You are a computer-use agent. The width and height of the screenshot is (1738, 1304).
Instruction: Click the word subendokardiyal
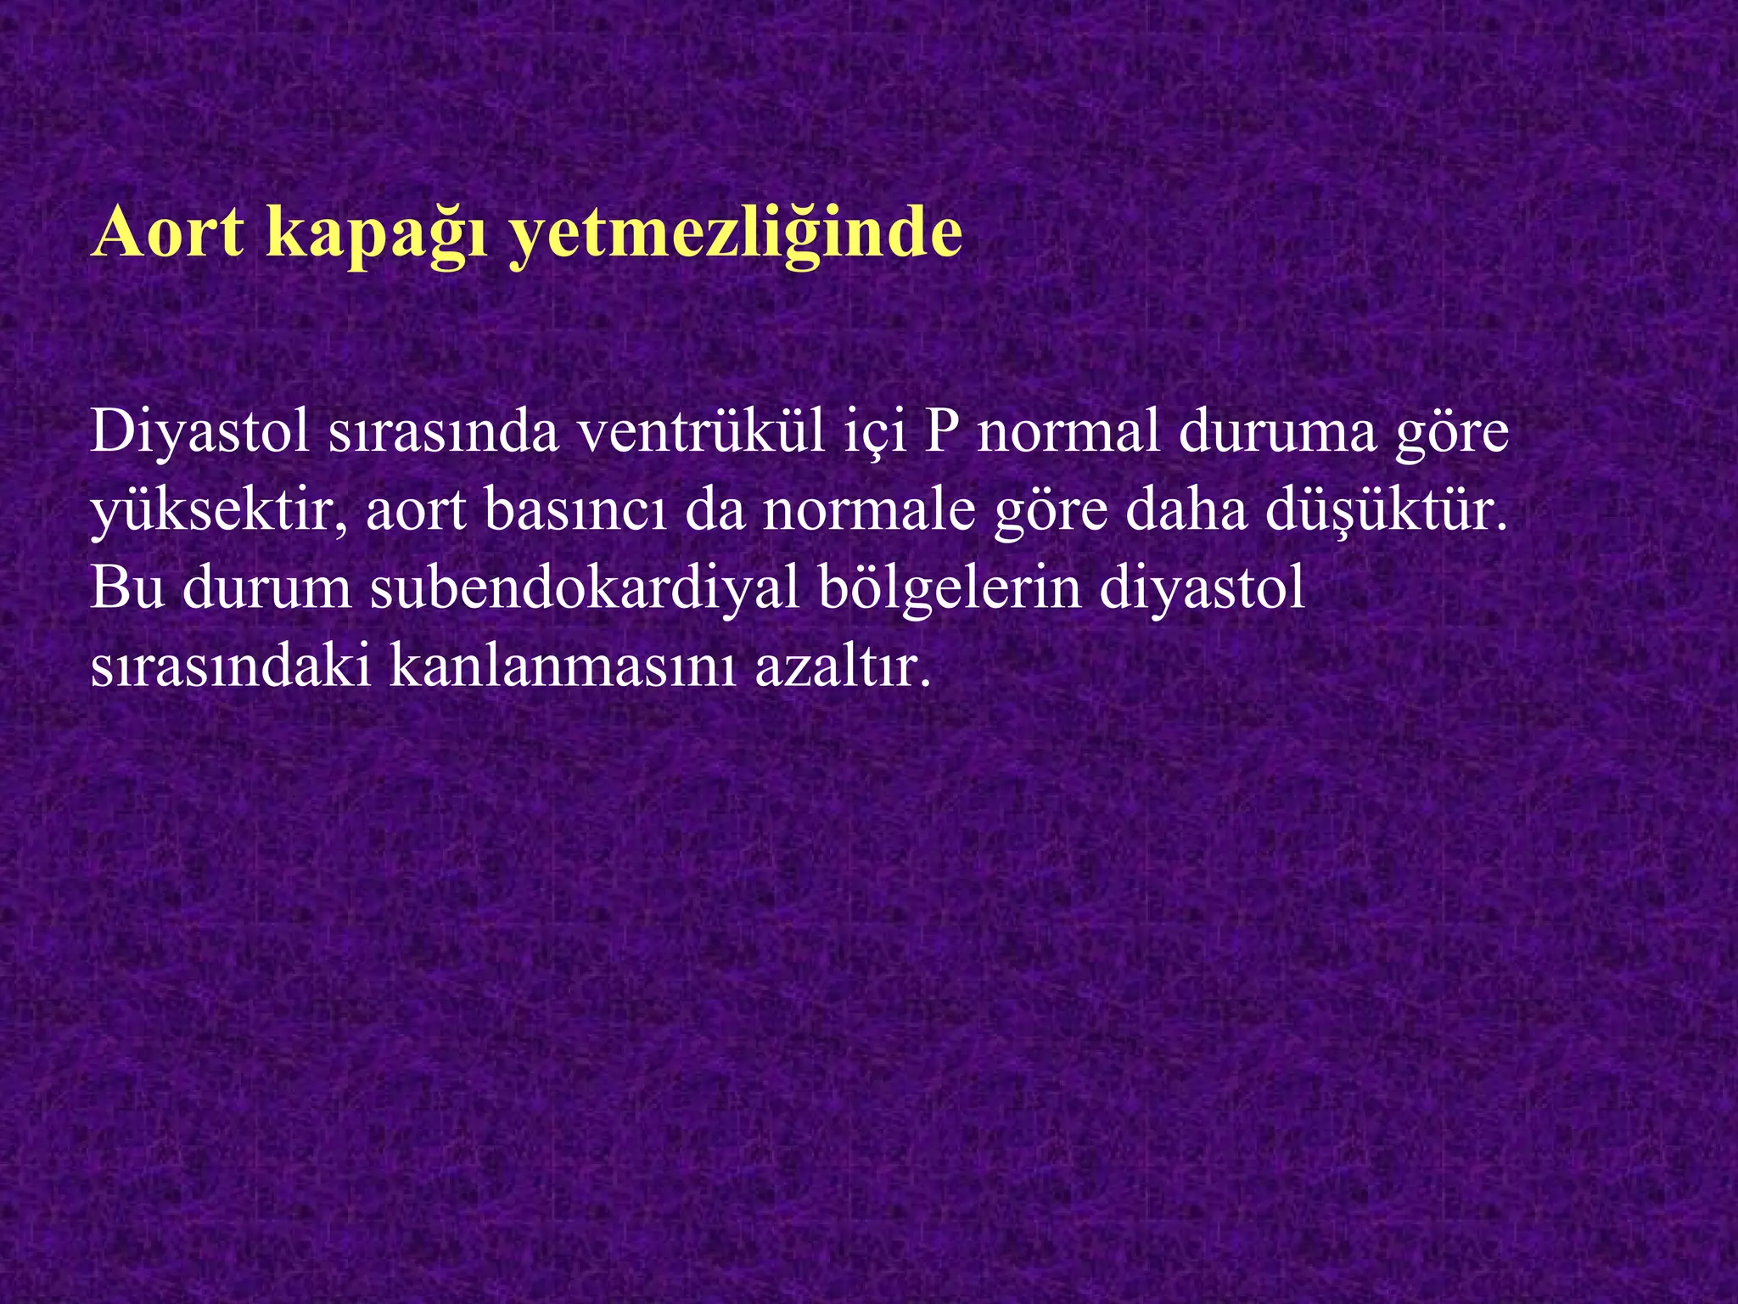click(585, 588)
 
